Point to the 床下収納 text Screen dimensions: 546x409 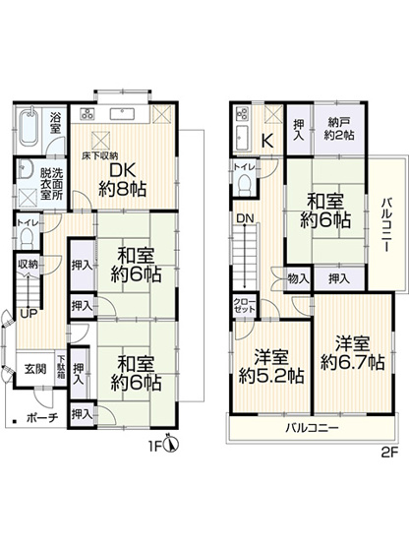pyautogui.click(x=101, y=155)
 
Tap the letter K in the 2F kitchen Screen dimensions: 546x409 pyautogui.click(x=265, y=141)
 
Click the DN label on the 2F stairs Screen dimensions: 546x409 pyautogui.click(x=242, y=219)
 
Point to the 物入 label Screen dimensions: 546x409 pyautogui.click(x=297, y=278)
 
